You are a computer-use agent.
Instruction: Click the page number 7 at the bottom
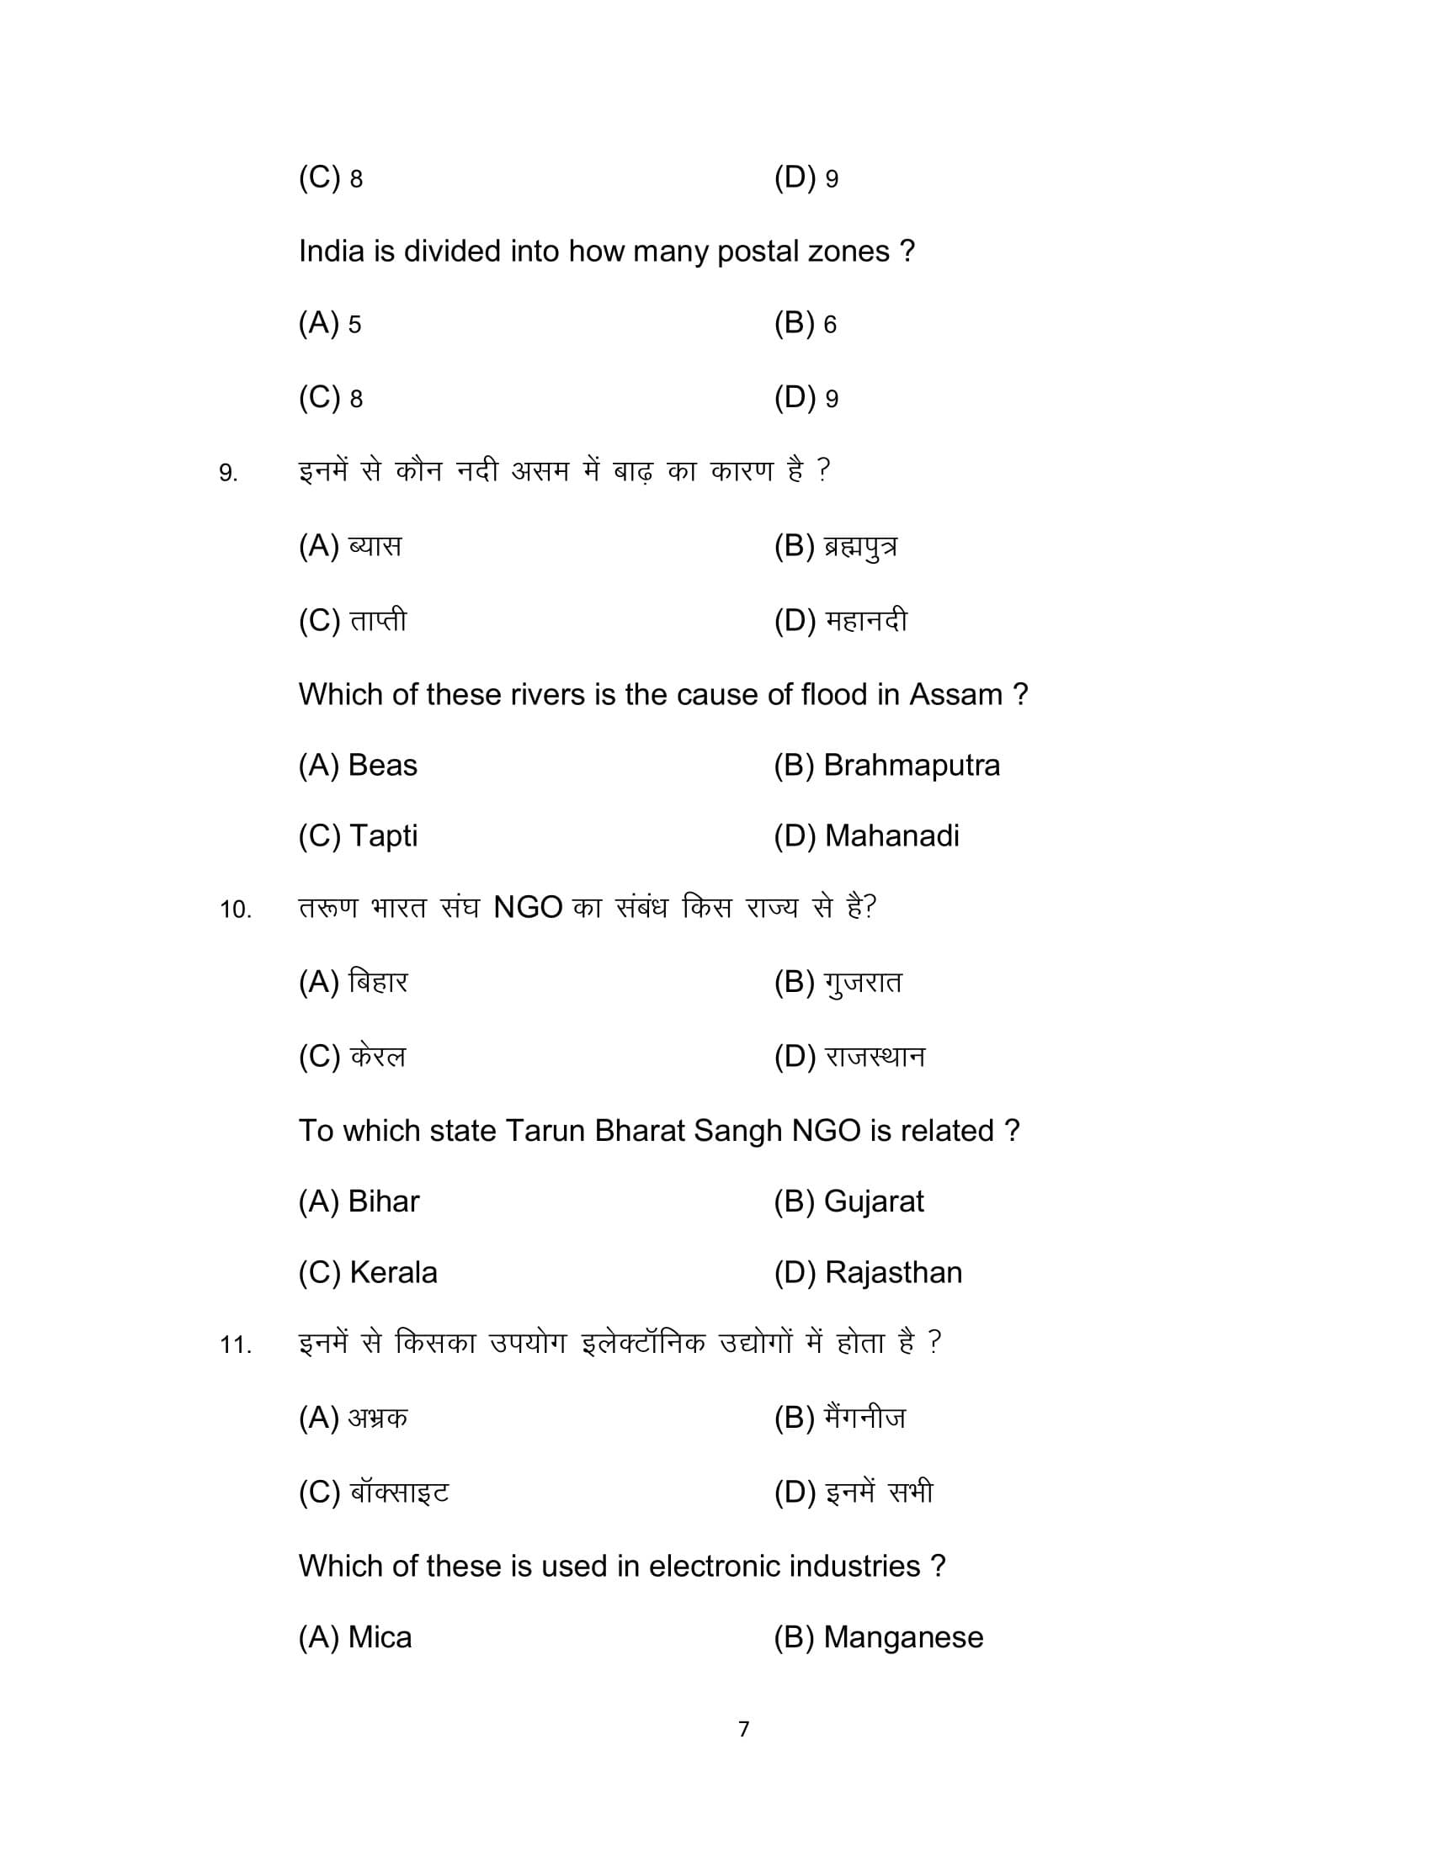tap(743, 1729)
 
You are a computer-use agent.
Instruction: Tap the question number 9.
tap(228, 473)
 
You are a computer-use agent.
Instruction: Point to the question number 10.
tap(236, 910)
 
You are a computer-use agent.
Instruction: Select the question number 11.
tap(236, 1345)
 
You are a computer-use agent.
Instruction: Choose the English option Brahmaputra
tap(912, 766)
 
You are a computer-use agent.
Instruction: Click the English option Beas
tap(382, 766)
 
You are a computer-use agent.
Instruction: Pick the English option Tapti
tap(383, 836)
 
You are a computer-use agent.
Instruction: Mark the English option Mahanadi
tap(891, 836)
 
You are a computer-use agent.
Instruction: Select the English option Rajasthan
tap(892, 1272)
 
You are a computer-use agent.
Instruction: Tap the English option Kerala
tap(393, 1272)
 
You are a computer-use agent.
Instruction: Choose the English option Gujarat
tap(873, 1201)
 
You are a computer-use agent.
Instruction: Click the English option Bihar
tap(383, 1201)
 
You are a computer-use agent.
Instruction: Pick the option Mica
tap(380, 1636)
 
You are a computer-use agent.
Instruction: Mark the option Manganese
tap(903, 1636)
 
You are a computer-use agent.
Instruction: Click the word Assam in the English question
tap(955, 695)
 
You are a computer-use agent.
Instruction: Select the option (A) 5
tap(330, 323)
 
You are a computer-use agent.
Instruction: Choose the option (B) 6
tap(805, 323)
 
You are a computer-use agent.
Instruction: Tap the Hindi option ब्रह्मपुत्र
tap(859, 547)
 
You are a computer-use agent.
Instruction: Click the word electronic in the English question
tap(715, 1567)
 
